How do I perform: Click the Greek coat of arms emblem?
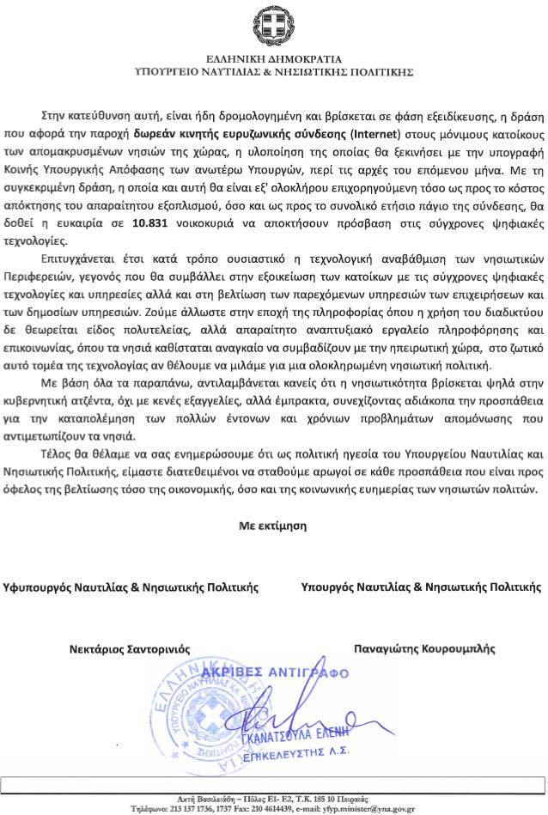[x=273, y=27]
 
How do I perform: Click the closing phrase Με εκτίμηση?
[x=272, y=523]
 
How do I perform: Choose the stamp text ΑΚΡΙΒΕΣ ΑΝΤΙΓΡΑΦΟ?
[x=272, y=672]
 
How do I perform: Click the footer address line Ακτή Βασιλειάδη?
[x=273, y=799]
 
